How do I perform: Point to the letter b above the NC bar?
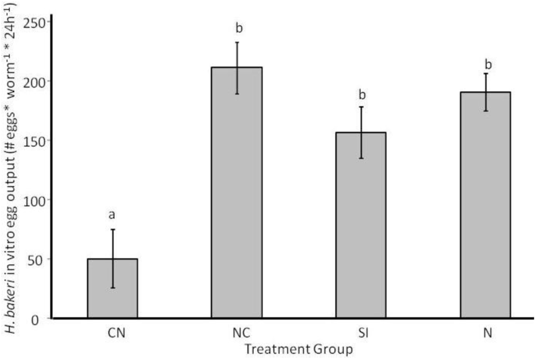point(237,27)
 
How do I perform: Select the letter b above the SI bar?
point(361,95)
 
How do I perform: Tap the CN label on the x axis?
point(112,333)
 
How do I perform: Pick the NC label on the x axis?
point(237,333)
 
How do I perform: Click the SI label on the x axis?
point(361,333)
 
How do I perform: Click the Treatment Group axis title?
point(298,347)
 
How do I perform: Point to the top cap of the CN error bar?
point(112,230)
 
